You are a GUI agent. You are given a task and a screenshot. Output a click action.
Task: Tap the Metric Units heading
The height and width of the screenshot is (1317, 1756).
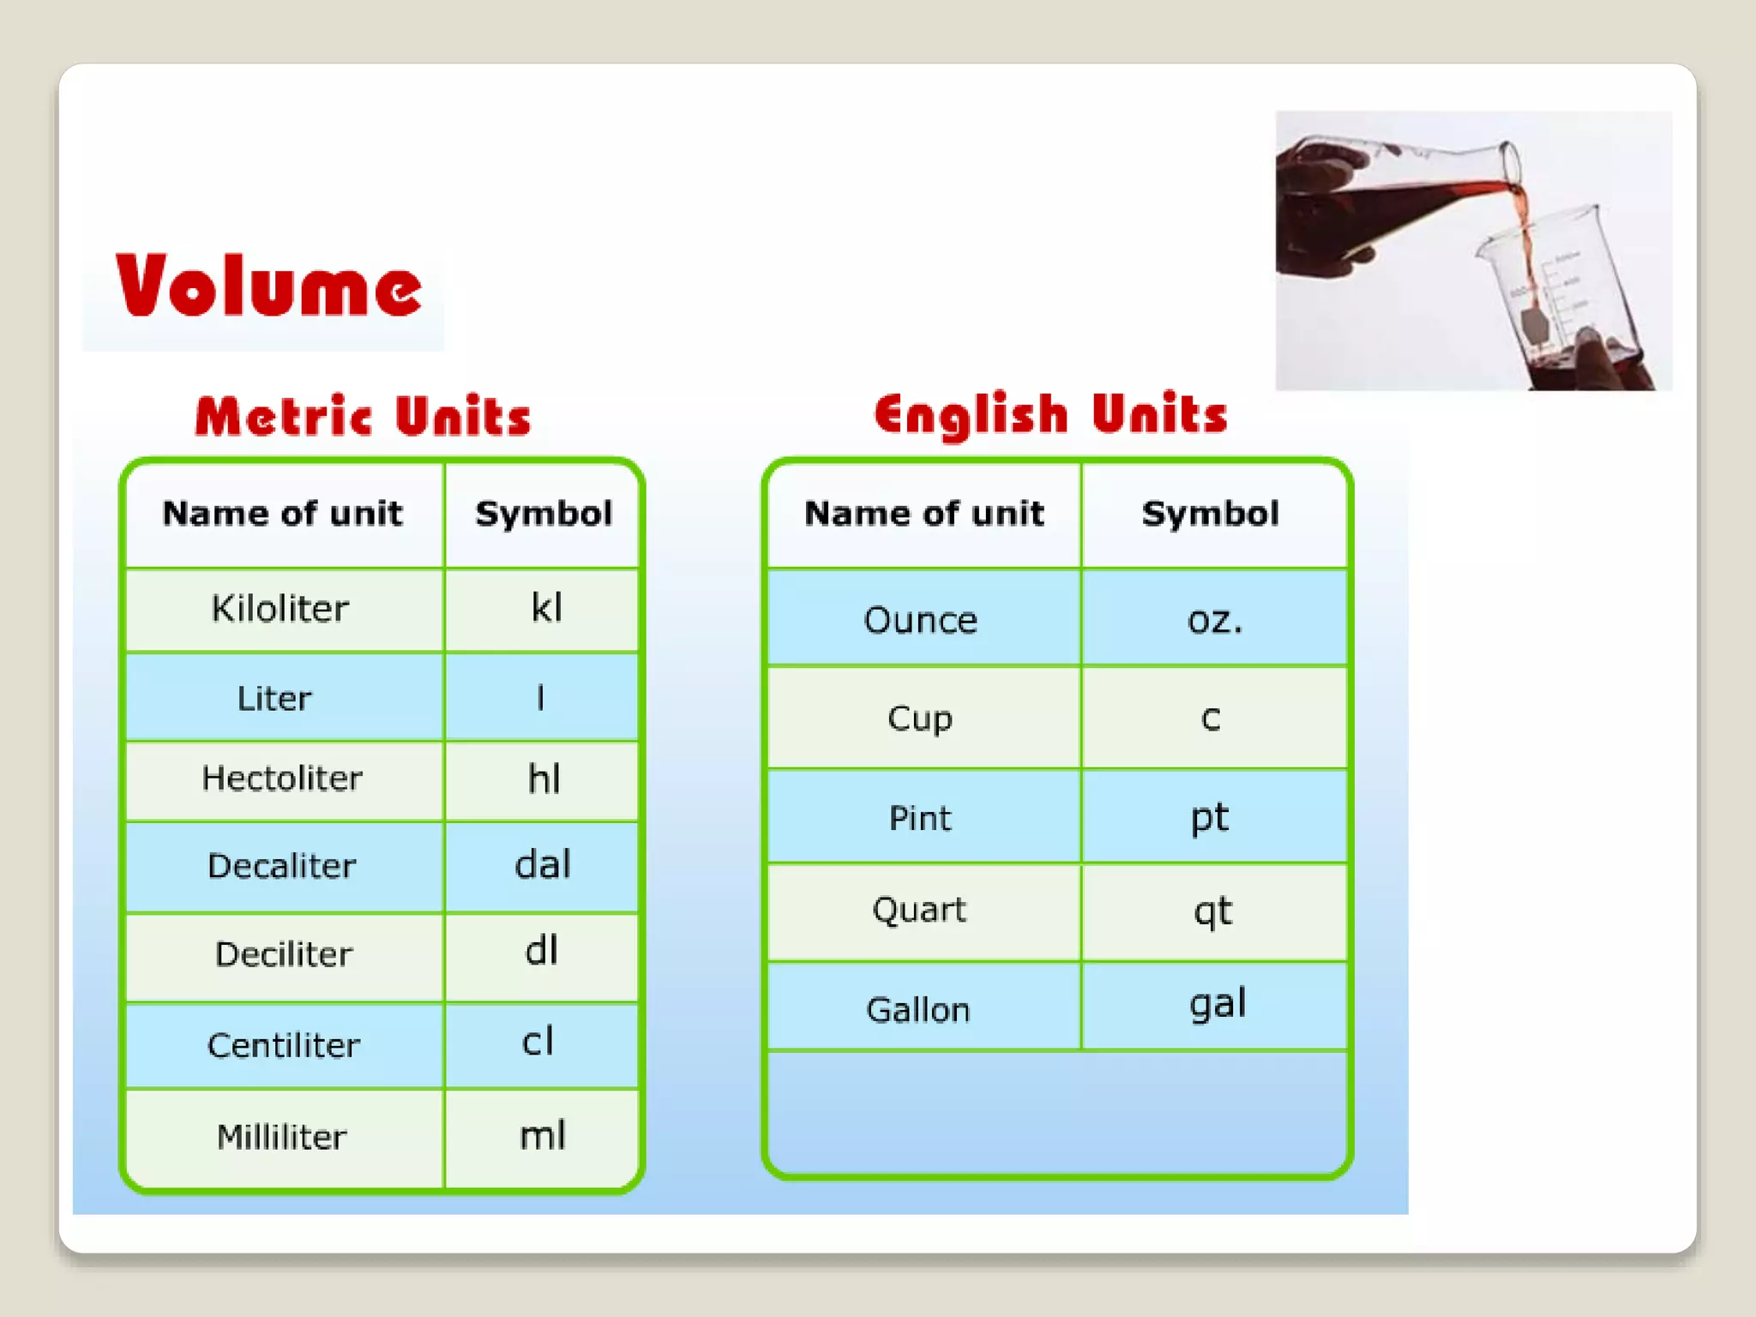point(363,417)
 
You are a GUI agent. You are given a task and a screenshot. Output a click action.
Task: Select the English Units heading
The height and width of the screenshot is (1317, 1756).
point(1050,415)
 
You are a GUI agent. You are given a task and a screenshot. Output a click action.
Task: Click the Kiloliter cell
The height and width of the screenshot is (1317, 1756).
point(280,609)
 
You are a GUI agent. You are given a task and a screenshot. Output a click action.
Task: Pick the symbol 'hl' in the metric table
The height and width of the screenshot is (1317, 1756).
point(544,779)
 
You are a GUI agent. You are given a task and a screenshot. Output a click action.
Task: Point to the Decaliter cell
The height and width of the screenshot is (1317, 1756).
point(281,866)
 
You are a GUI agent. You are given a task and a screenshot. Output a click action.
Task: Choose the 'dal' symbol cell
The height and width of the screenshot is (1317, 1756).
point(542,864)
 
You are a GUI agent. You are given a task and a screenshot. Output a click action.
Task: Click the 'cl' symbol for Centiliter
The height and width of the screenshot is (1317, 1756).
point(538,1042)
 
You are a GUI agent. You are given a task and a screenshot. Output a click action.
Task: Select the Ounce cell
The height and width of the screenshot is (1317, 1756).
point(920,620)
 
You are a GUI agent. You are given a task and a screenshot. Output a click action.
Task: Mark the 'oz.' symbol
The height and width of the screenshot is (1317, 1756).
point(1214,619)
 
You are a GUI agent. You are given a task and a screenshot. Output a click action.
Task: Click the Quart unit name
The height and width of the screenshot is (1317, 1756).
point(918,910)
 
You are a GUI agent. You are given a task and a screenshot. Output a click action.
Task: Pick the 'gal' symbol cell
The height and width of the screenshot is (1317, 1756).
point(1217,1003)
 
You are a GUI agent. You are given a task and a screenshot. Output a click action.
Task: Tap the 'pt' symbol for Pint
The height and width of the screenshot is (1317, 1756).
point(1209,817)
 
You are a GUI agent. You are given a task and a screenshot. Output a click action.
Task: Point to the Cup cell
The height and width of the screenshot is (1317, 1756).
point(919,719)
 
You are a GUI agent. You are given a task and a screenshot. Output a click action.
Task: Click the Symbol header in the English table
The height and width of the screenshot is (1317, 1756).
point(1210,514)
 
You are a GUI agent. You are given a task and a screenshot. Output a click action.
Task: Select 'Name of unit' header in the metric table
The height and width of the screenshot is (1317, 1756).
point(282,514)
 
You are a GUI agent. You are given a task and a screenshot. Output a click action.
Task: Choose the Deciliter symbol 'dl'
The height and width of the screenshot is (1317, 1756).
point(541,951)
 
